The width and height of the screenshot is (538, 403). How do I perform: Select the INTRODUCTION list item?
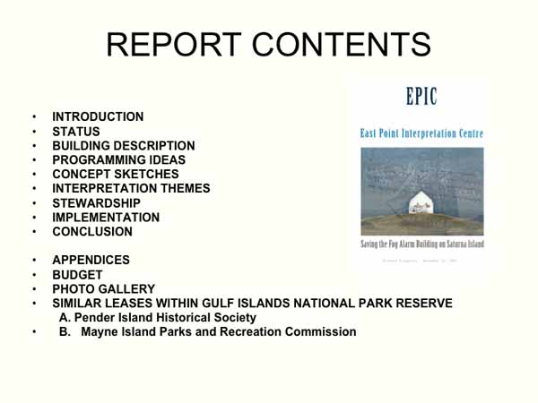(98, 116)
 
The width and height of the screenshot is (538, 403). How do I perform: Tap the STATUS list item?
(76, 131)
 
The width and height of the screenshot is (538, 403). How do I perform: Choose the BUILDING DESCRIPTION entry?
(123, 145)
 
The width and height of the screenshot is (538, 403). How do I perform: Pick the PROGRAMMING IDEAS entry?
(118, 159)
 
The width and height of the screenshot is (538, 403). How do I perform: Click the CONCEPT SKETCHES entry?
(115, 174)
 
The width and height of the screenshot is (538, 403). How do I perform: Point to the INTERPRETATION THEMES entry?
(131, 188)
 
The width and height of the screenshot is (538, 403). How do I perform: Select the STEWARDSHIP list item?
(96, 202)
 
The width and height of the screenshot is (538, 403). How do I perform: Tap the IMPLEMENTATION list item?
(106, 217)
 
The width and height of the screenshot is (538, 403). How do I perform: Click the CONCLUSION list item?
(91, 231)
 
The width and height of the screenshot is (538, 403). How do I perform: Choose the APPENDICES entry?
(91, 260)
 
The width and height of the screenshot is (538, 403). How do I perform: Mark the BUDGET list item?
(77, 275)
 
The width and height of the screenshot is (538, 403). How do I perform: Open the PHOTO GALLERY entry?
(103, 289)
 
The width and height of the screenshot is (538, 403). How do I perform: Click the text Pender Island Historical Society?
(158, 318)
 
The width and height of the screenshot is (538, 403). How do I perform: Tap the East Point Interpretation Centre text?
(421, 133)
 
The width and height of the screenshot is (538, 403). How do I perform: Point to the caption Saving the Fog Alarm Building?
(421, 244)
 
